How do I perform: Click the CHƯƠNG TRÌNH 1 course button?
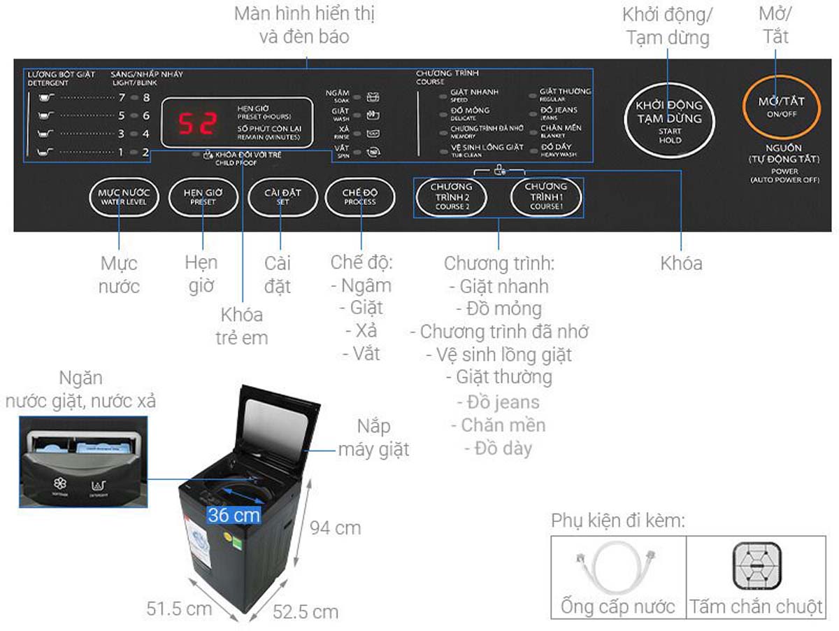545,196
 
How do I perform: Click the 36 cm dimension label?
234,516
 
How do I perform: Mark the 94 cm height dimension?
336,527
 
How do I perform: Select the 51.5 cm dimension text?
179,608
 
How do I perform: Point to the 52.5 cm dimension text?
305,612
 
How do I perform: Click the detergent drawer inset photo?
83,462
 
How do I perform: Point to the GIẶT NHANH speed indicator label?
474,92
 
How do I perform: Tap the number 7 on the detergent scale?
121,98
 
